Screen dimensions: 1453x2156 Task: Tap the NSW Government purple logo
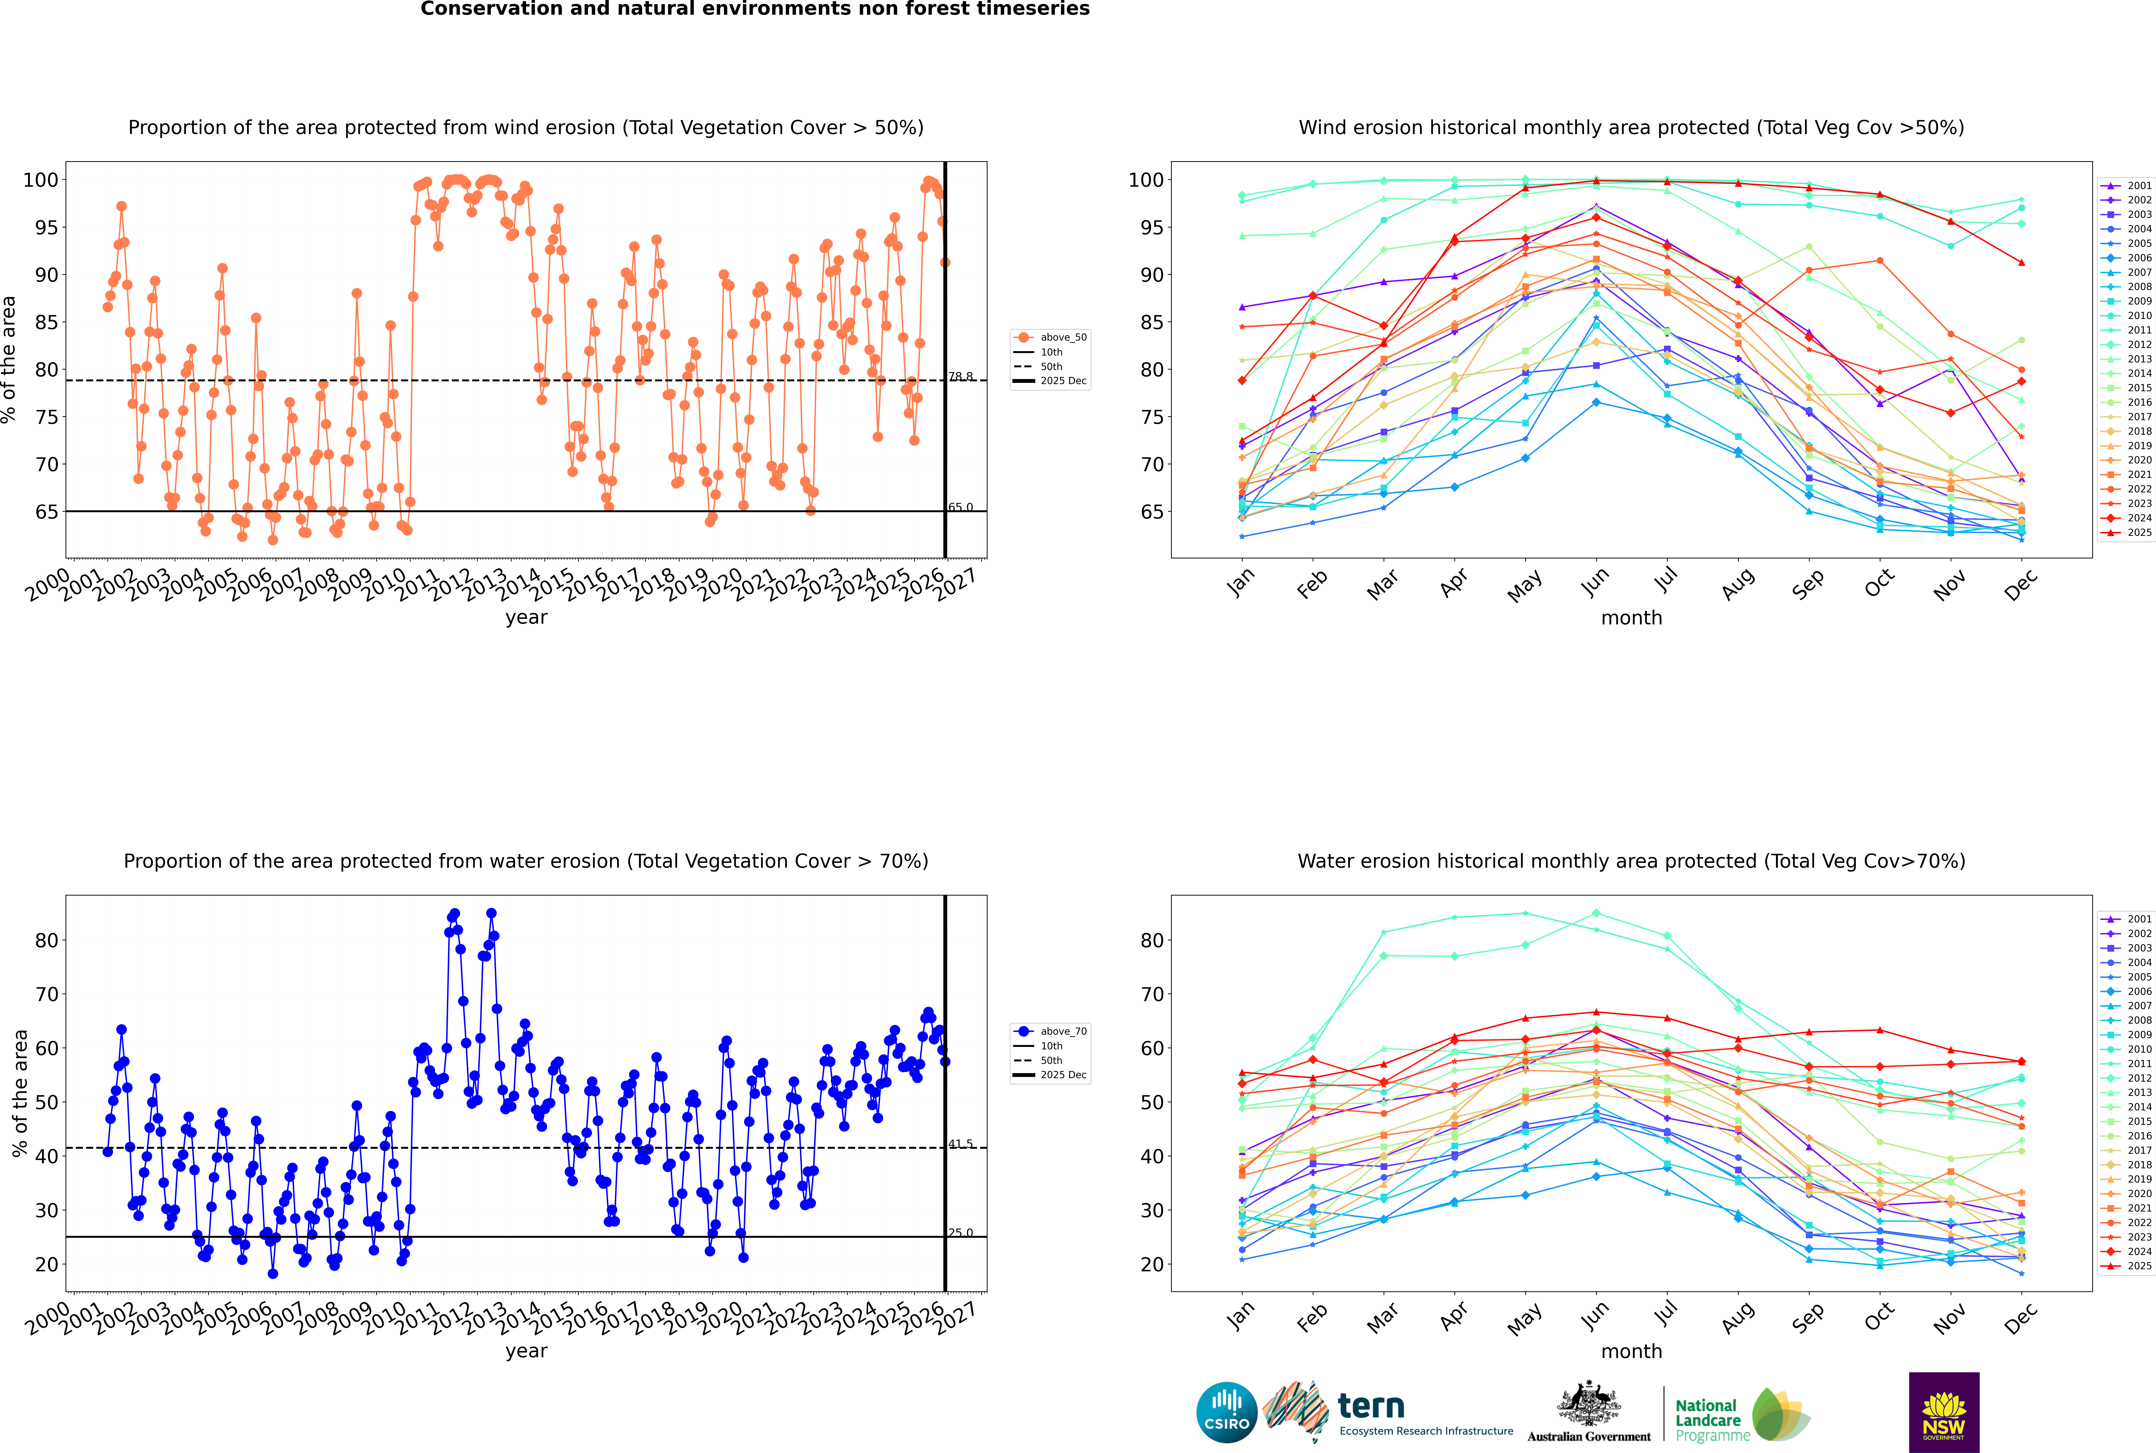1944,1412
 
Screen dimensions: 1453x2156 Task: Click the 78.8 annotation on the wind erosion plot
960,376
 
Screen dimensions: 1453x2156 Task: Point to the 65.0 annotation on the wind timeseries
960,507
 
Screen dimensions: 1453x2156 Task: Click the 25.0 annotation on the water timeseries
960,1232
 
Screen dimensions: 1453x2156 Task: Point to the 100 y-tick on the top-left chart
41,180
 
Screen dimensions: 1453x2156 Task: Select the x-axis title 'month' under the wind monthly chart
1631,618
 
